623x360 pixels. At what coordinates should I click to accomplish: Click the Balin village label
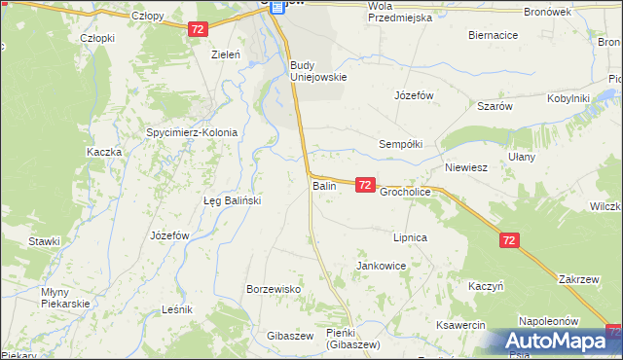pos(324,185)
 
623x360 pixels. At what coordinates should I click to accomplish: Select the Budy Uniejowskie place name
pos(318,71)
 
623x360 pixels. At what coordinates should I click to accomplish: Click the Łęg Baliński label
pos(232,200)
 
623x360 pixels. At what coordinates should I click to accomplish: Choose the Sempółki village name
pos(400,144)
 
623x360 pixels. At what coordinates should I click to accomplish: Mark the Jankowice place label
pos(382,266)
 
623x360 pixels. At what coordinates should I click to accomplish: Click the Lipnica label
pos(410,237)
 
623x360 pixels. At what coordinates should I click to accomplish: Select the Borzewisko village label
pos(274,290)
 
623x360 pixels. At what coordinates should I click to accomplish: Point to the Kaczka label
pos(103,152)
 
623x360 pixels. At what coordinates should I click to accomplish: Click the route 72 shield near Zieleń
pos(198,30)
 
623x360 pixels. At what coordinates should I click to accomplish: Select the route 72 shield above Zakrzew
pos(510,239)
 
